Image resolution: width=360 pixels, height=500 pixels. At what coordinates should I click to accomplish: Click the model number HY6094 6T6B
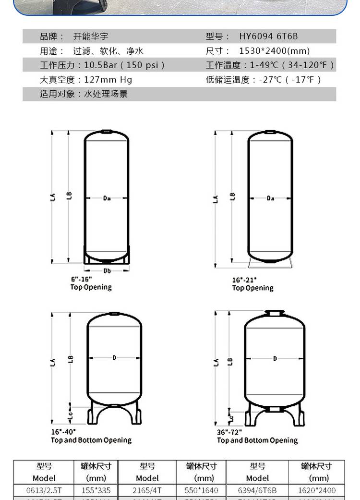click(268, 37)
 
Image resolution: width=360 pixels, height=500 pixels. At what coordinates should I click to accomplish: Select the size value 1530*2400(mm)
click(274, 51)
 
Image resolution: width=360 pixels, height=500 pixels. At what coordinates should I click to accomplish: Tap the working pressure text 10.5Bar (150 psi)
click(124, 65)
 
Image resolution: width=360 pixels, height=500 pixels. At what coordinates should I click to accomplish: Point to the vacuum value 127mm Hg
click(108, 80)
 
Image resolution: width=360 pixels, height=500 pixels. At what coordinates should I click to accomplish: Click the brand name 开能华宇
click(87, 37)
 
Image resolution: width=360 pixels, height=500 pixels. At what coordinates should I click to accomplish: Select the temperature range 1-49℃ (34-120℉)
click(292, 65)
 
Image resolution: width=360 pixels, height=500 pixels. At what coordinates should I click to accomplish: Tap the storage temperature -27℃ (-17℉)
click(290, 80)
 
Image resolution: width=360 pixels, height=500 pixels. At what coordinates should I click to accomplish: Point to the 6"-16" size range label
click(81, 279)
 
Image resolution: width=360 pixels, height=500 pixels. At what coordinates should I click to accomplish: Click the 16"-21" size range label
click(244, 280)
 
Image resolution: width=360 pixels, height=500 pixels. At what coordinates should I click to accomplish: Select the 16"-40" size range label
click(63, 432)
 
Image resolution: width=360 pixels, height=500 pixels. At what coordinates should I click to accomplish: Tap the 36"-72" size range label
click(229, 432)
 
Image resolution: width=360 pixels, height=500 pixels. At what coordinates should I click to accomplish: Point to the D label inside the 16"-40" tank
click(114, 357)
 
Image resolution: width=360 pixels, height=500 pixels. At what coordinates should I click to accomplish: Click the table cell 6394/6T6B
click(257, 490)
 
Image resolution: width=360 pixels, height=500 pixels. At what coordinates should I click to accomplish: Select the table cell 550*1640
click(201, 490)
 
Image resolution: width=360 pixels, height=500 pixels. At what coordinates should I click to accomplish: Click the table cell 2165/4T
click(147, 490)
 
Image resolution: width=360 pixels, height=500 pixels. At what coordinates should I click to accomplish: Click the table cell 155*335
click(96, 490)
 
